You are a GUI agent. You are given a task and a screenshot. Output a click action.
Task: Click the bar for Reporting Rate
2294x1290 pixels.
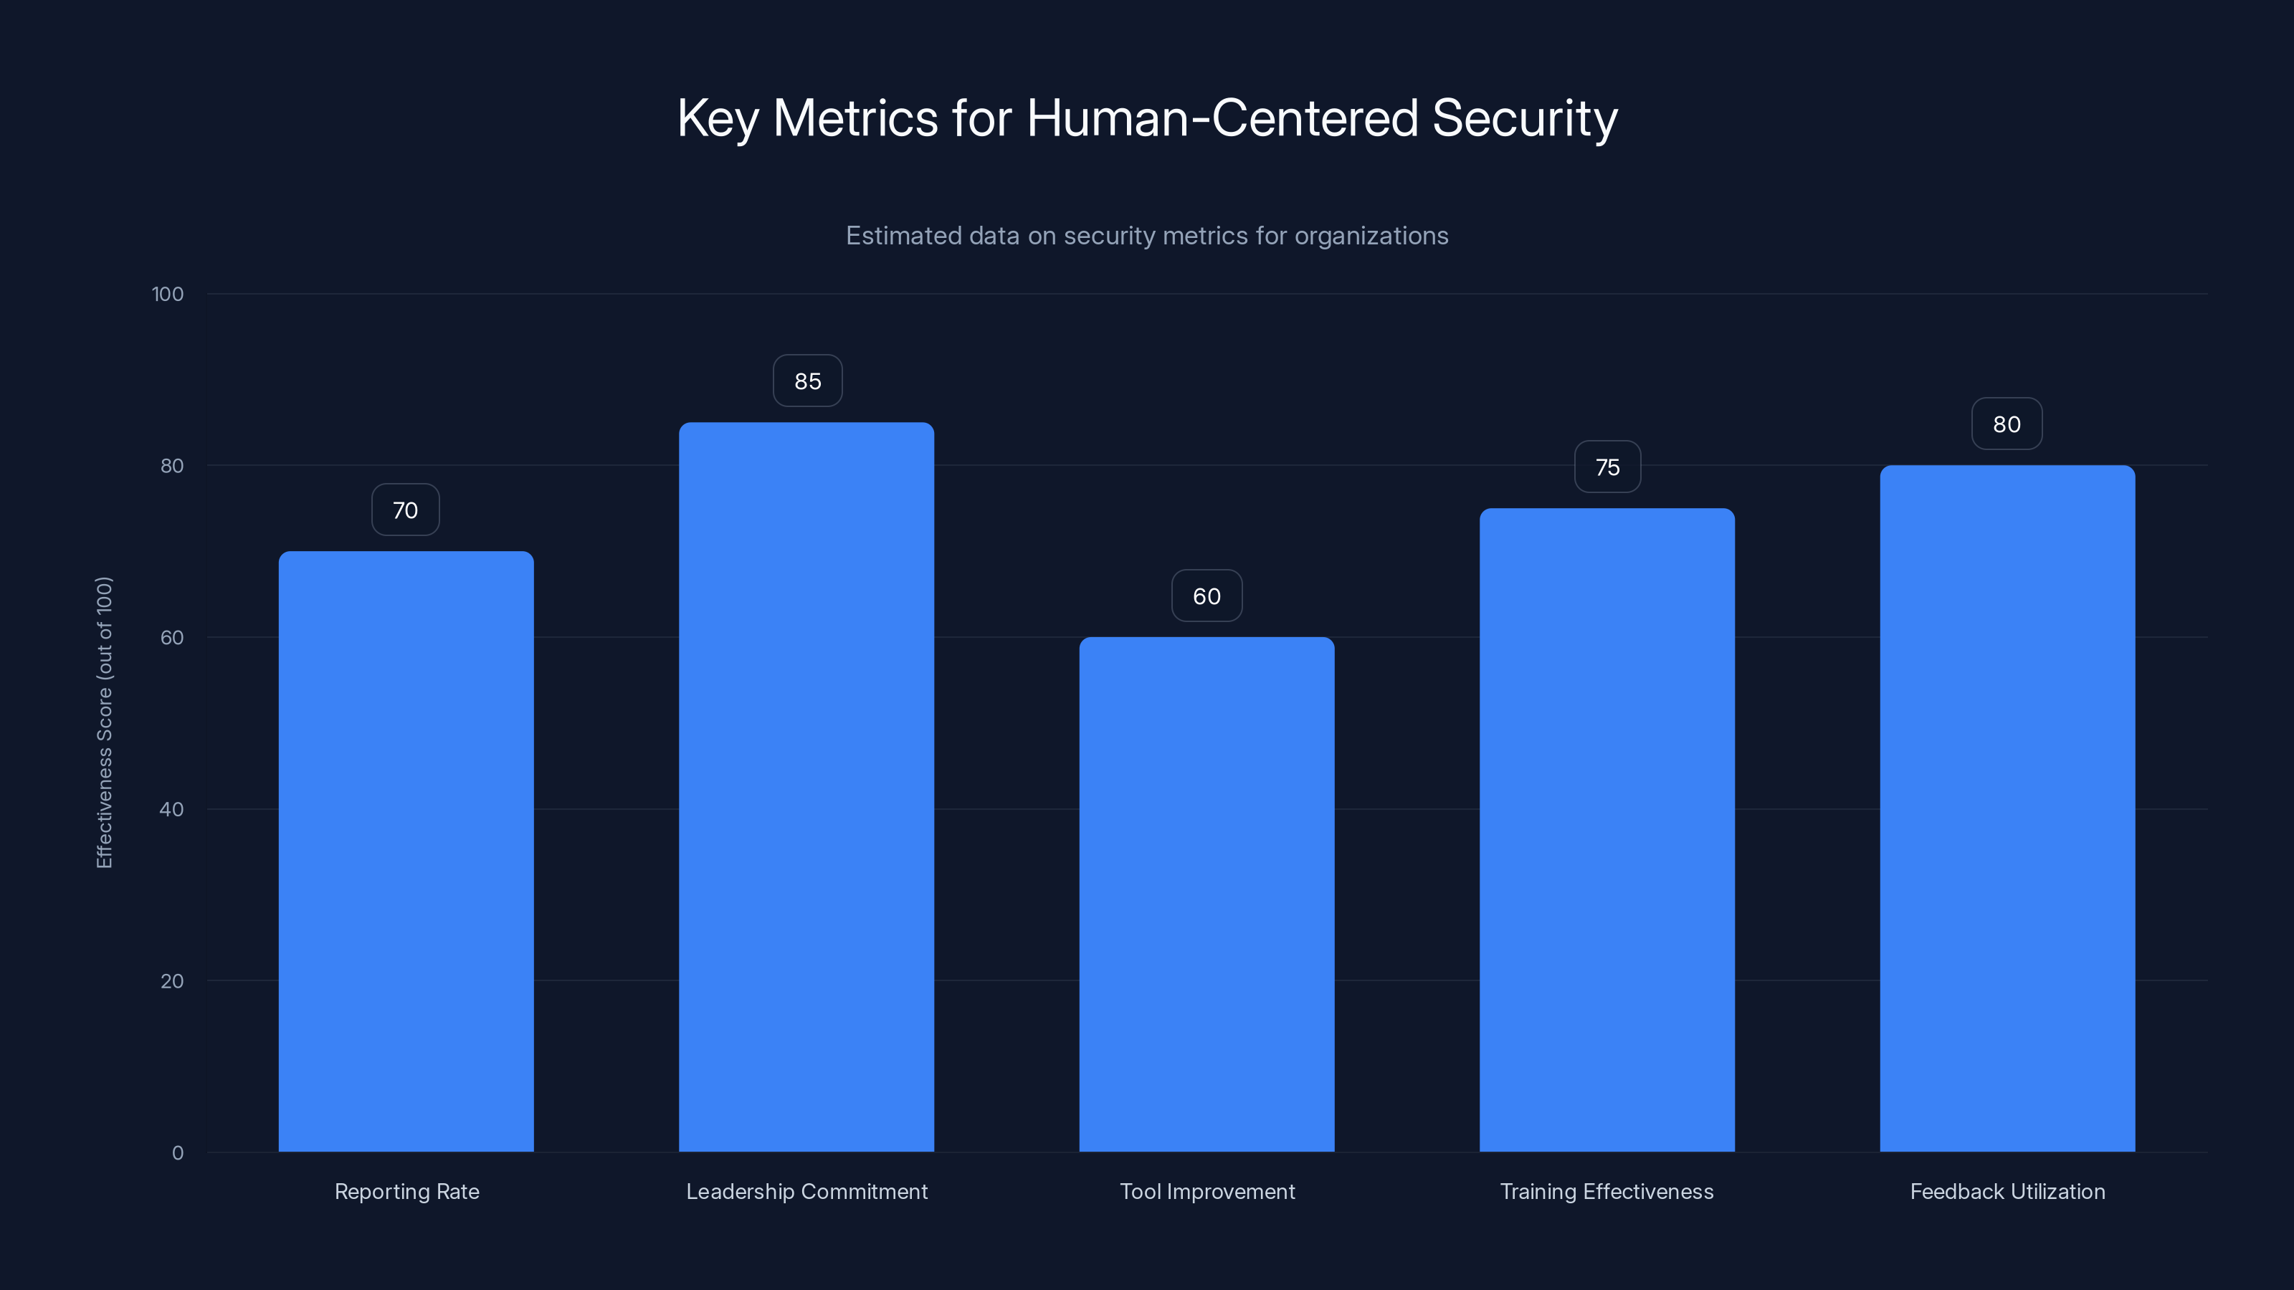coord(406,851)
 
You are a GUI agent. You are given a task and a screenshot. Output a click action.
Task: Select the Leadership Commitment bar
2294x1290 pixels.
coord(806,787)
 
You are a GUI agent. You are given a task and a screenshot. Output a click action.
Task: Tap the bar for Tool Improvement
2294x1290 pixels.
coord(1207,894)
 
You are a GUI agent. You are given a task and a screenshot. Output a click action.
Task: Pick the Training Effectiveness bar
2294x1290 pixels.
coord(1607,830)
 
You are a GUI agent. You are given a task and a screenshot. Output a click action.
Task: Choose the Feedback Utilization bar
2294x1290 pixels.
coord(2007,808)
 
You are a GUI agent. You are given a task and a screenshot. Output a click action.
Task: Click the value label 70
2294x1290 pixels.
coord(405,510)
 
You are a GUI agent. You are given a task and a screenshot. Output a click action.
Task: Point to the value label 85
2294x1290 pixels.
coord(808,381)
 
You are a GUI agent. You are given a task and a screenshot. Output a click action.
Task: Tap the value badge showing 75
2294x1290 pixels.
coord(1607,467)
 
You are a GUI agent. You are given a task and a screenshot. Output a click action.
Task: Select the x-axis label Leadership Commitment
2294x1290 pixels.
coord(806,1191)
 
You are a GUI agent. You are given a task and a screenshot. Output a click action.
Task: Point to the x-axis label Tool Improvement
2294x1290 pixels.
coord(1207,1191)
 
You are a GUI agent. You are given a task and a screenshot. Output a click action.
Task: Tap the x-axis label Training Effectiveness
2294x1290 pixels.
coord(1607,1191)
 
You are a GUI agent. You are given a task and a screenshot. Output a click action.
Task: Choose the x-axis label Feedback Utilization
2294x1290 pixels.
coord(2007,1191)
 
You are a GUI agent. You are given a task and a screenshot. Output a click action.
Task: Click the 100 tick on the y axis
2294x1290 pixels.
coord(168,294)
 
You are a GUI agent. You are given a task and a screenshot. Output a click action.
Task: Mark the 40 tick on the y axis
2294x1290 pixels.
coord(171,809)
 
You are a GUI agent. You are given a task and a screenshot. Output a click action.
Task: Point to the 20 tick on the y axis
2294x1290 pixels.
coord(171,981)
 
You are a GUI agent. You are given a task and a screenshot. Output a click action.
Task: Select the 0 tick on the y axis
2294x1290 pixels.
coord(177,1153)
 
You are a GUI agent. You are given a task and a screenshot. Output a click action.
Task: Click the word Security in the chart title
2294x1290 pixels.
coord(1525,118)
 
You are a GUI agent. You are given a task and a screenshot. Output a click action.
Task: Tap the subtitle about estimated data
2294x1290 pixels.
coord(1147,236)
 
